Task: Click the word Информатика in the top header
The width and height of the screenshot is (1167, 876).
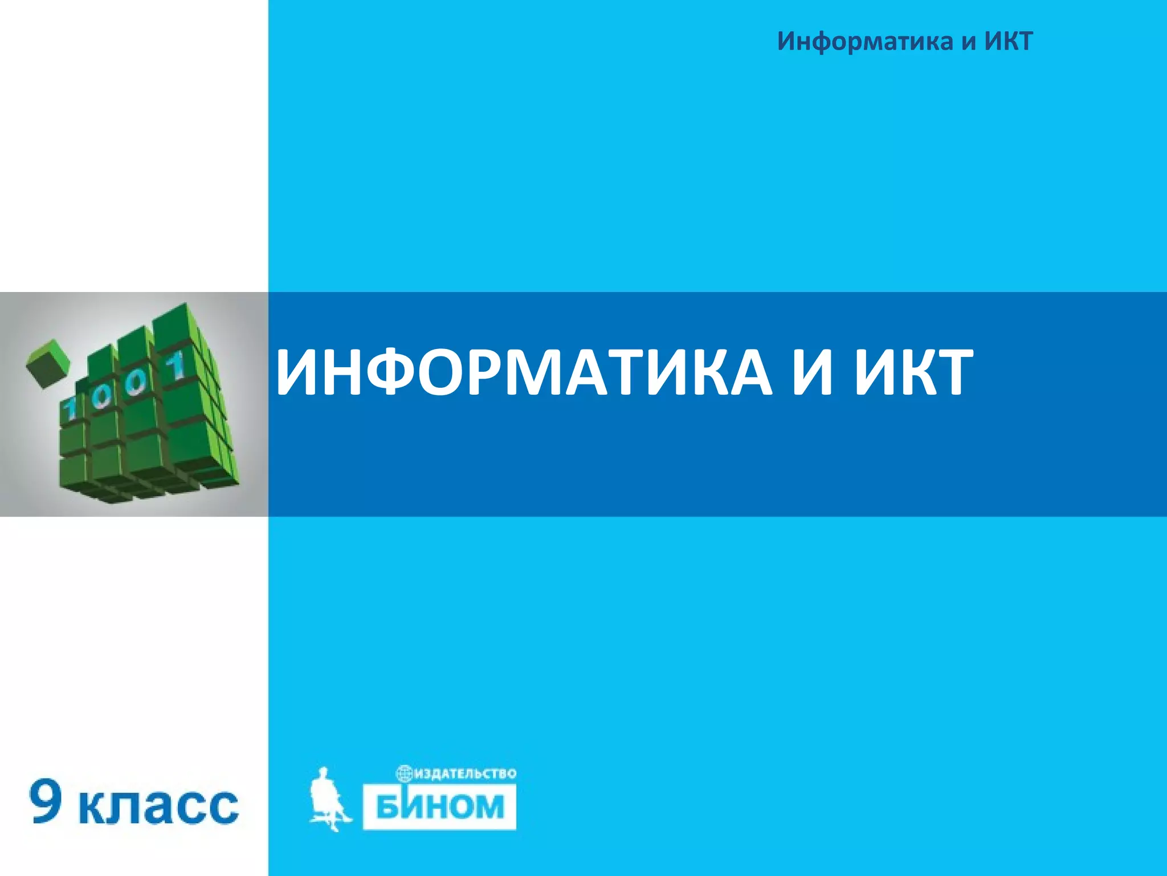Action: (x=865, y=42)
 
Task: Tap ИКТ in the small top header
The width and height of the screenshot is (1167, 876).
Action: (x=1009, y=42)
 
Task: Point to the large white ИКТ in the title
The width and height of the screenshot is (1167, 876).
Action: (x=913, y=373)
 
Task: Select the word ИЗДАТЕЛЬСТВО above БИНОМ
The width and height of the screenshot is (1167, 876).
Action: (x=466, y=774)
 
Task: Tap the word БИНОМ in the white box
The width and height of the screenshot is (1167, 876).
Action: (x=440, y=806)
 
